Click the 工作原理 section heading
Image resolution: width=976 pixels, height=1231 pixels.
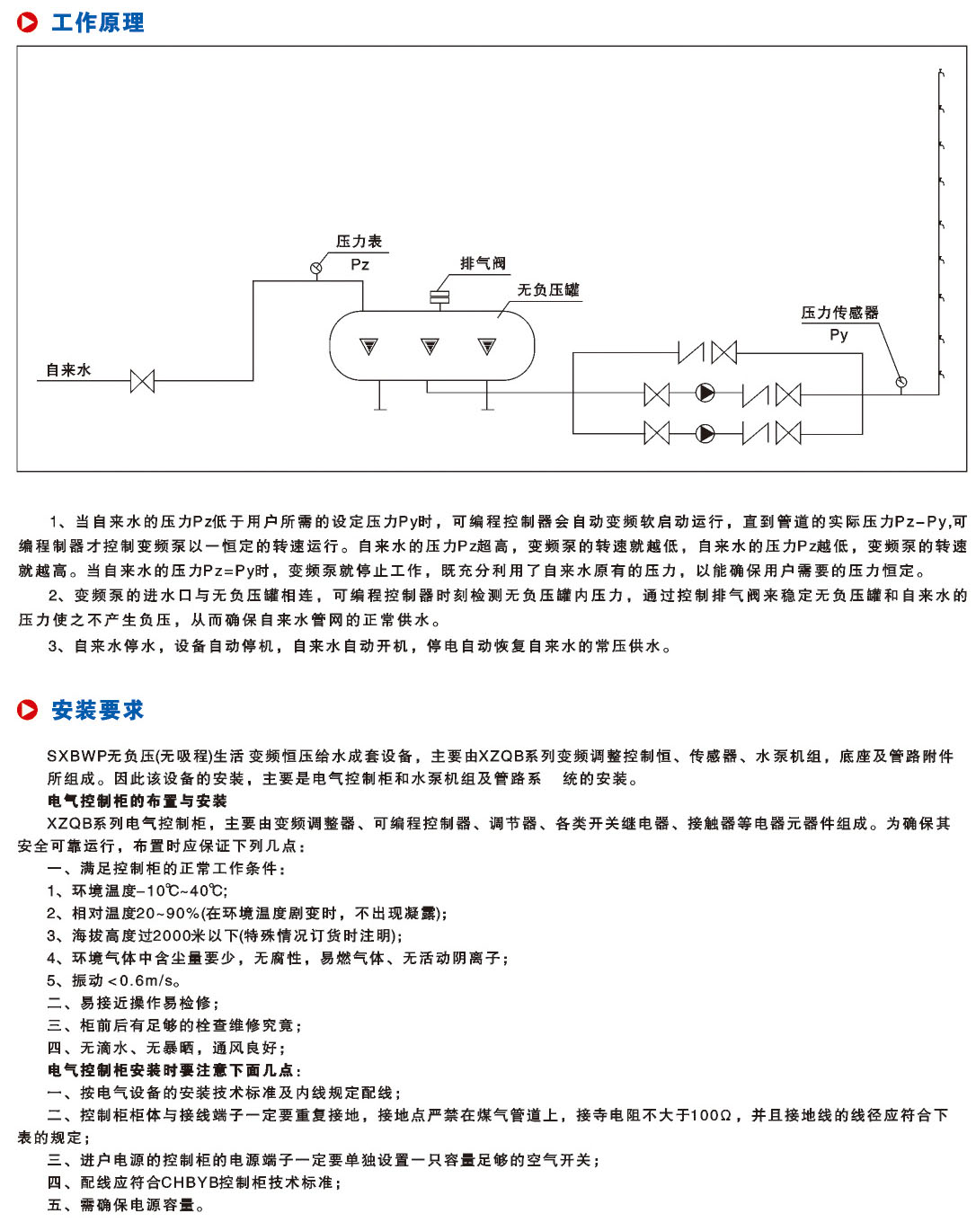pyautogui.click(x=97, y=22)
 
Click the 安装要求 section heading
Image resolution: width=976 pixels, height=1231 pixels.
pyautogui.click(x=97, y=711)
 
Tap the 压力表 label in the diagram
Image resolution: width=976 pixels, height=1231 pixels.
pyautogui.click(x=359, y=242)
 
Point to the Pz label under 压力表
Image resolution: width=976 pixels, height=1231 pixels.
pyautogui.click(x=359, y=264)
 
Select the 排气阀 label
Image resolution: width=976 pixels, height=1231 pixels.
pyautogui.click(x=483, y=263)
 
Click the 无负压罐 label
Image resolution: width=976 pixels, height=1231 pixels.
pyautogui.click(x=547, y=290)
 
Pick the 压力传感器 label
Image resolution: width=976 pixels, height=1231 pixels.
pyautogui.click(x=839, y=313)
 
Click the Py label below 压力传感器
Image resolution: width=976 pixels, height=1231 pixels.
pyautogui.click(x=838, y=335)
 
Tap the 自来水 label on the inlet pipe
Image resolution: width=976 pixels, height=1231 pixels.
pyautogui.click(x=68, y=370)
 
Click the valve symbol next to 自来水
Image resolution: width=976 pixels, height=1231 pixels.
pyautogui.click(x=142, y=381)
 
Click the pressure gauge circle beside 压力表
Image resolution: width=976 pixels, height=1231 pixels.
pyautogui.click(x=316, y=267)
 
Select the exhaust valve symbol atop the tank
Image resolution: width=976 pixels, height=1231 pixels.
pyautogui.click(x=439, y=297)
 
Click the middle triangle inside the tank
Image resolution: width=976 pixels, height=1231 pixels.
pyautogui.click(x=430, y=346)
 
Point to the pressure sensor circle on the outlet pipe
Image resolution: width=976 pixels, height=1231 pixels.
pyautogui.click(x=901, y=383)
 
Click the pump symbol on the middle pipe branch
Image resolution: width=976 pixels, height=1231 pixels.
pyautogui.click(x=706, y=394)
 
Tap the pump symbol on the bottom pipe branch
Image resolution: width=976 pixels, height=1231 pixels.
pyautogui.click(x=706, y=434)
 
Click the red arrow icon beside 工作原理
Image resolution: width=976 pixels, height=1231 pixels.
pyautogui.click(x=28, y=22)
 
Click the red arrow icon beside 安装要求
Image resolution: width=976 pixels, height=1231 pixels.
pyautogui.click(x=28, y=711)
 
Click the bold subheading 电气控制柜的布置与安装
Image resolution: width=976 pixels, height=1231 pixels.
pyautogui.click(x=137, y=801)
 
